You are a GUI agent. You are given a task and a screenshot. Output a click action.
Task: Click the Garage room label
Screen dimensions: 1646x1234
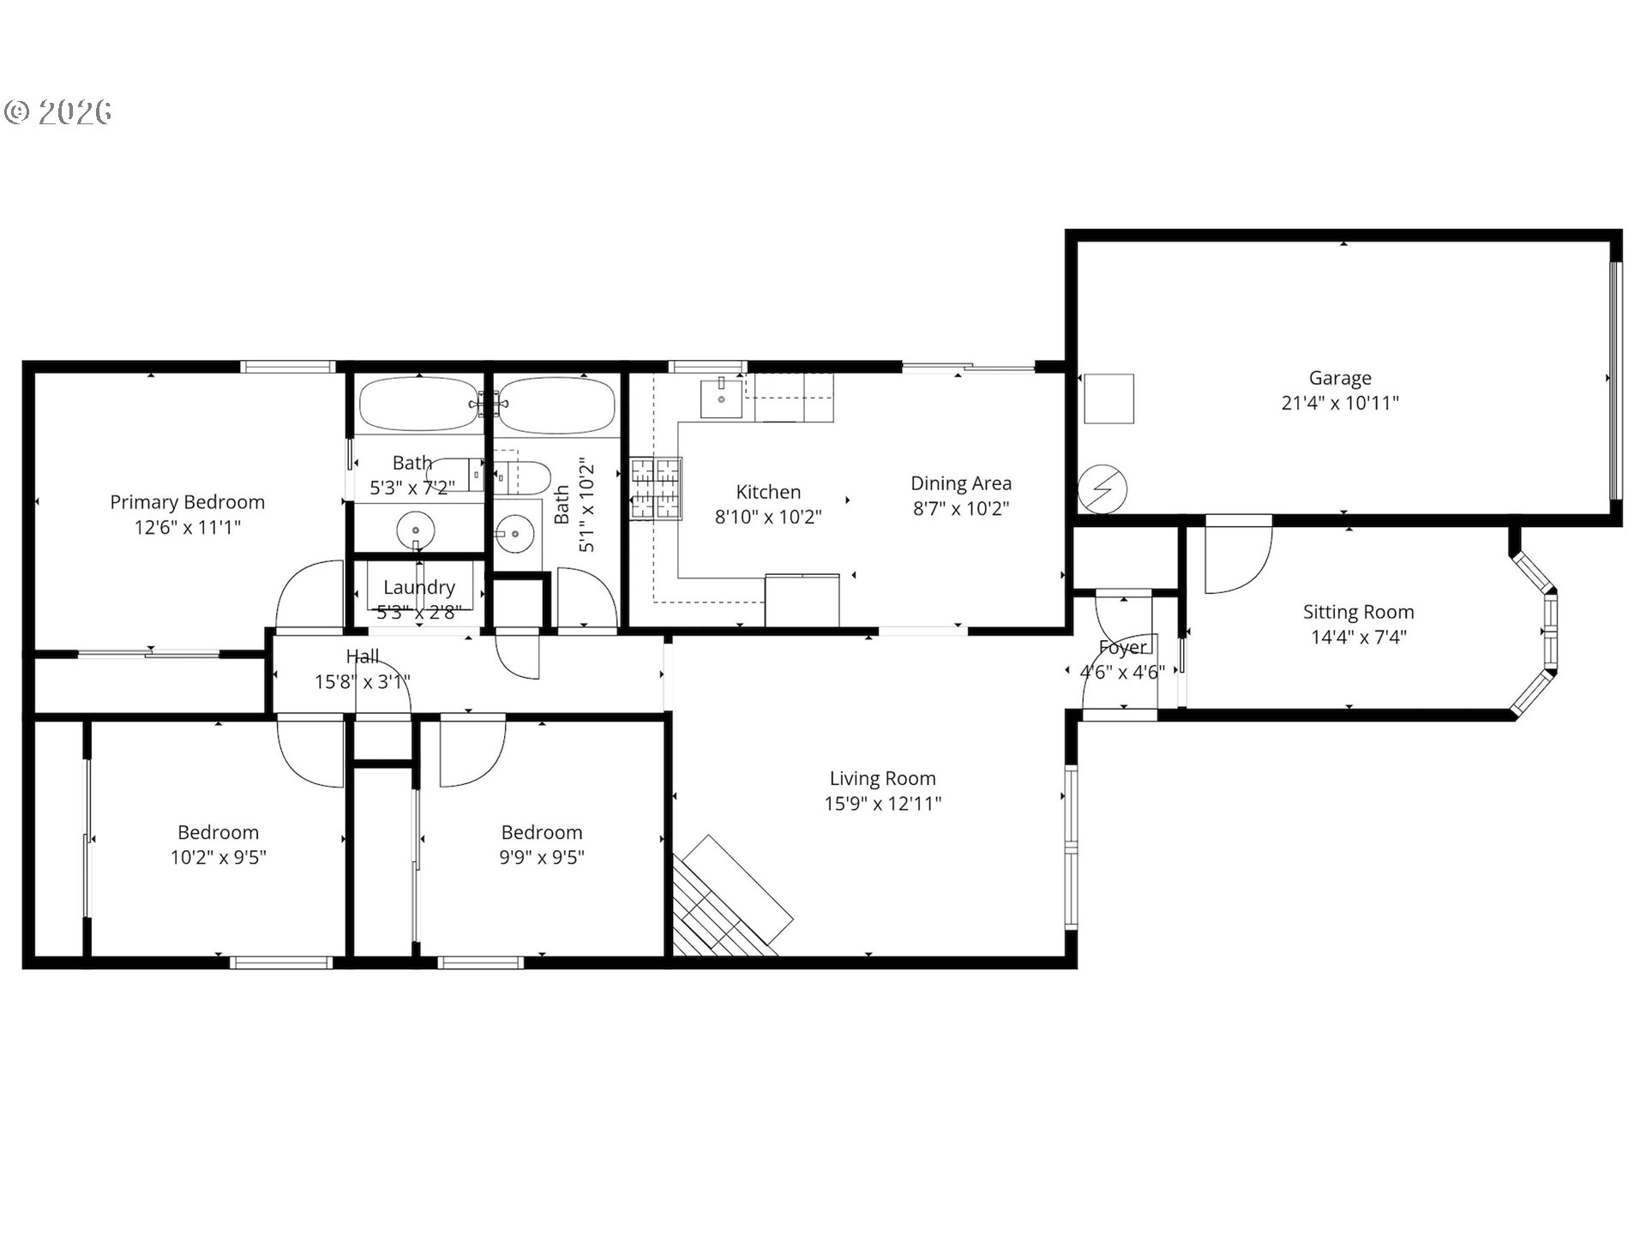click(x=1339, y=378)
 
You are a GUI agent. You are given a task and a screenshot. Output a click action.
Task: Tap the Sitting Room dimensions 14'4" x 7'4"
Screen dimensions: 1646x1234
click(x=1358, y=637)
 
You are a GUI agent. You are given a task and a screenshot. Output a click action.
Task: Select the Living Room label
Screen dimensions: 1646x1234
click(x=882, y=778)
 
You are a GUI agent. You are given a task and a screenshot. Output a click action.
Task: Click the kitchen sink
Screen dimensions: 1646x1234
click(x=722, y=398)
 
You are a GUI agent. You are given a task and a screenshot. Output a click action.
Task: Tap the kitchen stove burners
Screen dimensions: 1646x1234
click(x=656, y=488)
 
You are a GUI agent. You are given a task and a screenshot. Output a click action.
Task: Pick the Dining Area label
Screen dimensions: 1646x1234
click(x=960, y=483)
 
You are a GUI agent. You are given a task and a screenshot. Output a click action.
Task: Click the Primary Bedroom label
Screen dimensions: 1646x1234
click(x=187, y=502)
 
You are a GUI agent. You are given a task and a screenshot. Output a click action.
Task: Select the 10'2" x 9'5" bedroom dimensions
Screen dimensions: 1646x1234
click(x=218, y=857)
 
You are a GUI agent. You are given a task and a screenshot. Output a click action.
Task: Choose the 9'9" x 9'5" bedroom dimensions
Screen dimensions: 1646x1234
click(x=542, y=857)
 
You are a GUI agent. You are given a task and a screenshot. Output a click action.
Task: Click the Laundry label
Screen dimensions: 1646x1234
click(x=418, y=587)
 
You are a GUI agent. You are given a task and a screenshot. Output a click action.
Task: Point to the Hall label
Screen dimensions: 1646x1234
click(x=362, y=656)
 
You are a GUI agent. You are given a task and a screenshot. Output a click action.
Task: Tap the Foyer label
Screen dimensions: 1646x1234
click(x=1122, y=648)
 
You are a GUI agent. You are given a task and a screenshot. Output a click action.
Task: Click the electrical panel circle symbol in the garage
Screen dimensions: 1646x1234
click(x=1102, y=488)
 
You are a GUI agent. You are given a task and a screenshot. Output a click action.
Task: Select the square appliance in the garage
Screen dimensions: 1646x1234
click(x=1109, y=398)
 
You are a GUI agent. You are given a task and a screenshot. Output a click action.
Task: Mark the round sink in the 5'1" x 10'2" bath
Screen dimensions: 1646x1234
click(x=515, y=534)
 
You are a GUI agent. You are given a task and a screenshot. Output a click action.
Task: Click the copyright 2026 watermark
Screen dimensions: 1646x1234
click(x=58, y=112)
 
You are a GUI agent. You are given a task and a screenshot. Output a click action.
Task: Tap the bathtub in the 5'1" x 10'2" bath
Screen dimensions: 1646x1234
click(x=557, y=404)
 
